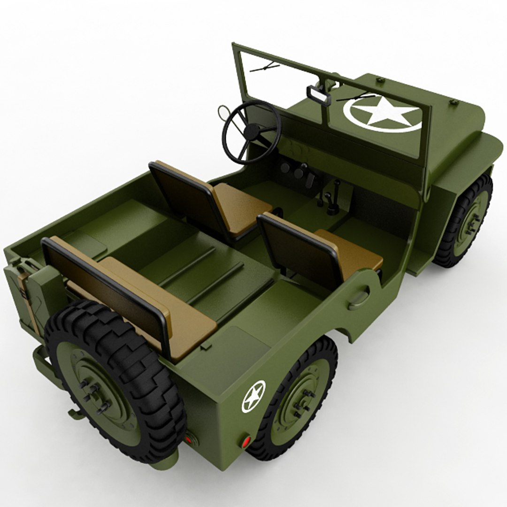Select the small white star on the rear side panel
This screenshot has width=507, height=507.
click(x=253, y=396)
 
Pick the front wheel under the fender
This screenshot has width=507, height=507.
click(x=465, y=221)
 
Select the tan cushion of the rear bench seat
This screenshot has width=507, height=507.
click(x=155, y=305)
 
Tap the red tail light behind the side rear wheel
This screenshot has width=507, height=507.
click(x=246, y=442)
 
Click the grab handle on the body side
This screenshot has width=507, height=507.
click(x=359, y=298)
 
